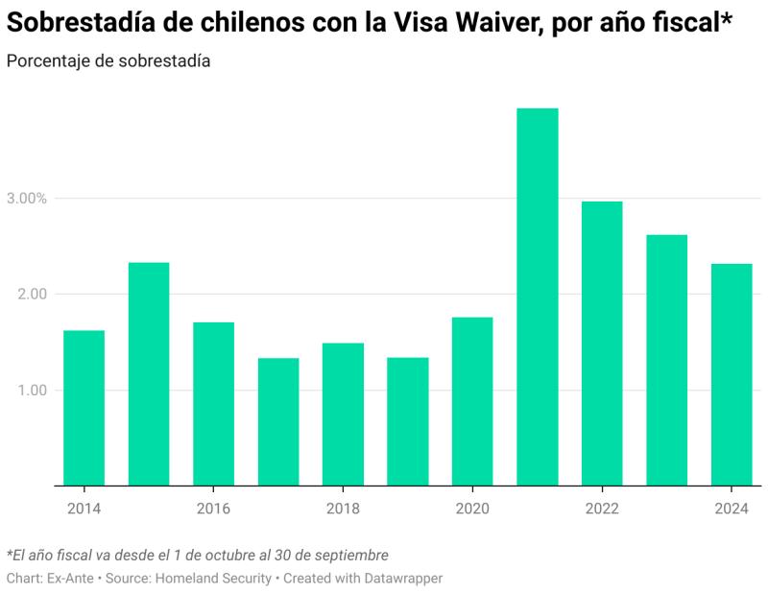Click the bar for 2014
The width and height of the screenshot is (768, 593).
[x=84, y=408]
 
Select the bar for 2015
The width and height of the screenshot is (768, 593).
[x=149, y=374]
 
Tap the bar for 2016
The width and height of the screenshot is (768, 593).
[x=213, y=404]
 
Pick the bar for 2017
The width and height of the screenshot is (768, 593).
[x=278, y=422]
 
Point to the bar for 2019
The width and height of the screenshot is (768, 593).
[x=407, y=422]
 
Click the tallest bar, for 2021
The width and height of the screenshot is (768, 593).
[x=537, y=297]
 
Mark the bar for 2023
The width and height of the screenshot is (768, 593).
[x=666, y=360]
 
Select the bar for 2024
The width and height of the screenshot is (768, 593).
[x=732, y=374]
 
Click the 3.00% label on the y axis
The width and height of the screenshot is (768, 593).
[x=26, y=199]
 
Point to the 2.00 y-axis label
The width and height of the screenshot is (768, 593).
[x=31, y=294]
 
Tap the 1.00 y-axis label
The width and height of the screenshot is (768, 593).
[x=31, y=390]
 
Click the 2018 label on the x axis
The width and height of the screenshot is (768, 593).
[x=343, y=509]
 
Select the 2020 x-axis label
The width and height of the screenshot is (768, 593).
[x=472, y=509]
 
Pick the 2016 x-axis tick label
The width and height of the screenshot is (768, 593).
[x=213, y=509]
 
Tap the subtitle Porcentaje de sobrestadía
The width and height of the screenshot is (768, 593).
[x=108, y=61]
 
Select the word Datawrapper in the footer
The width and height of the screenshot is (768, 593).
[x=396, y=579]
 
